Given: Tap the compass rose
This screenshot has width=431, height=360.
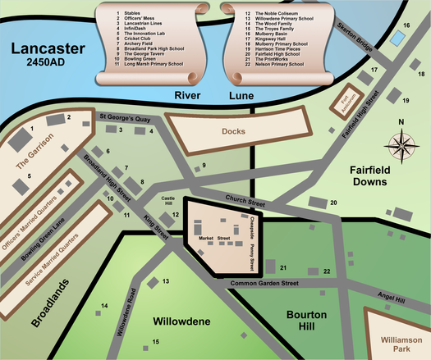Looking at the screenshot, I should click(x=401, y=146).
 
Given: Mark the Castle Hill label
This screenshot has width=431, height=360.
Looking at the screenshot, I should click(x=168, y=201).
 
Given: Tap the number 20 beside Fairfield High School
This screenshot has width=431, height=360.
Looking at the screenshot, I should click(x=333, y=203).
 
